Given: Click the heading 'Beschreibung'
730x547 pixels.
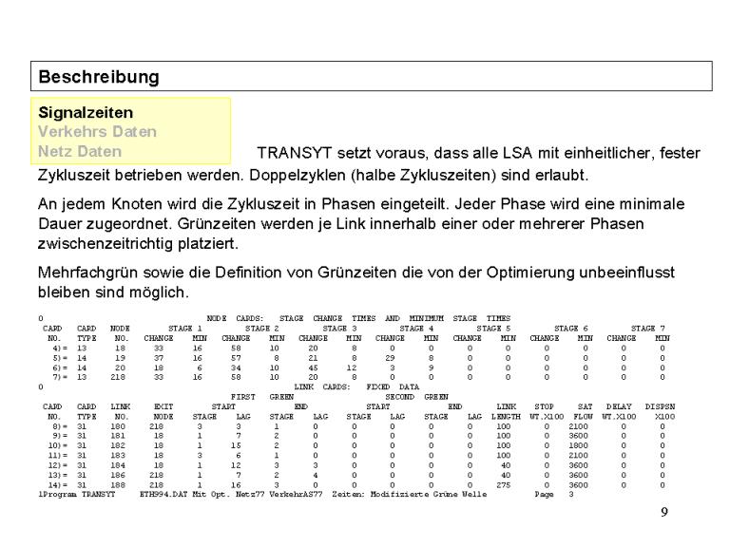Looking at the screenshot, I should coord(99,76).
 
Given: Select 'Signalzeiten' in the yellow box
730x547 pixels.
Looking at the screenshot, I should coord(86,112).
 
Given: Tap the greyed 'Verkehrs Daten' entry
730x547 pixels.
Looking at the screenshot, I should coord(97,132).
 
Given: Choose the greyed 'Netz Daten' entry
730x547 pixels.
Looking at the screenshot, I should coord(80,151).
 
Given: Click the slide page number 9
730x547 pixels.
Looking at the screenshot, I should coord(664,513).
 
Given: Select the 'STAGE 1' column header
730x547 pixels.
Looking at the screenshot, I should coord(185,328).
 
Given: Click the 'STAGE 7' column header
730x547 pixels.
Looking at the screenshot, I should coord(647,328).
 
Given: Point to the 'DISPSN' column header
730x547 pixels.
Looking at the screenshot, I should coord(659,407).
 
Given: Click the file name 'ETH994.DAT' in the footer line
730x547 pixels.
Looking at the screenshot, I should coord(163,495).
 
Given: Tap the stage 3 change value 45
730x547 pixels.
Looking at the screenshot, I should coord(313,367).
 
